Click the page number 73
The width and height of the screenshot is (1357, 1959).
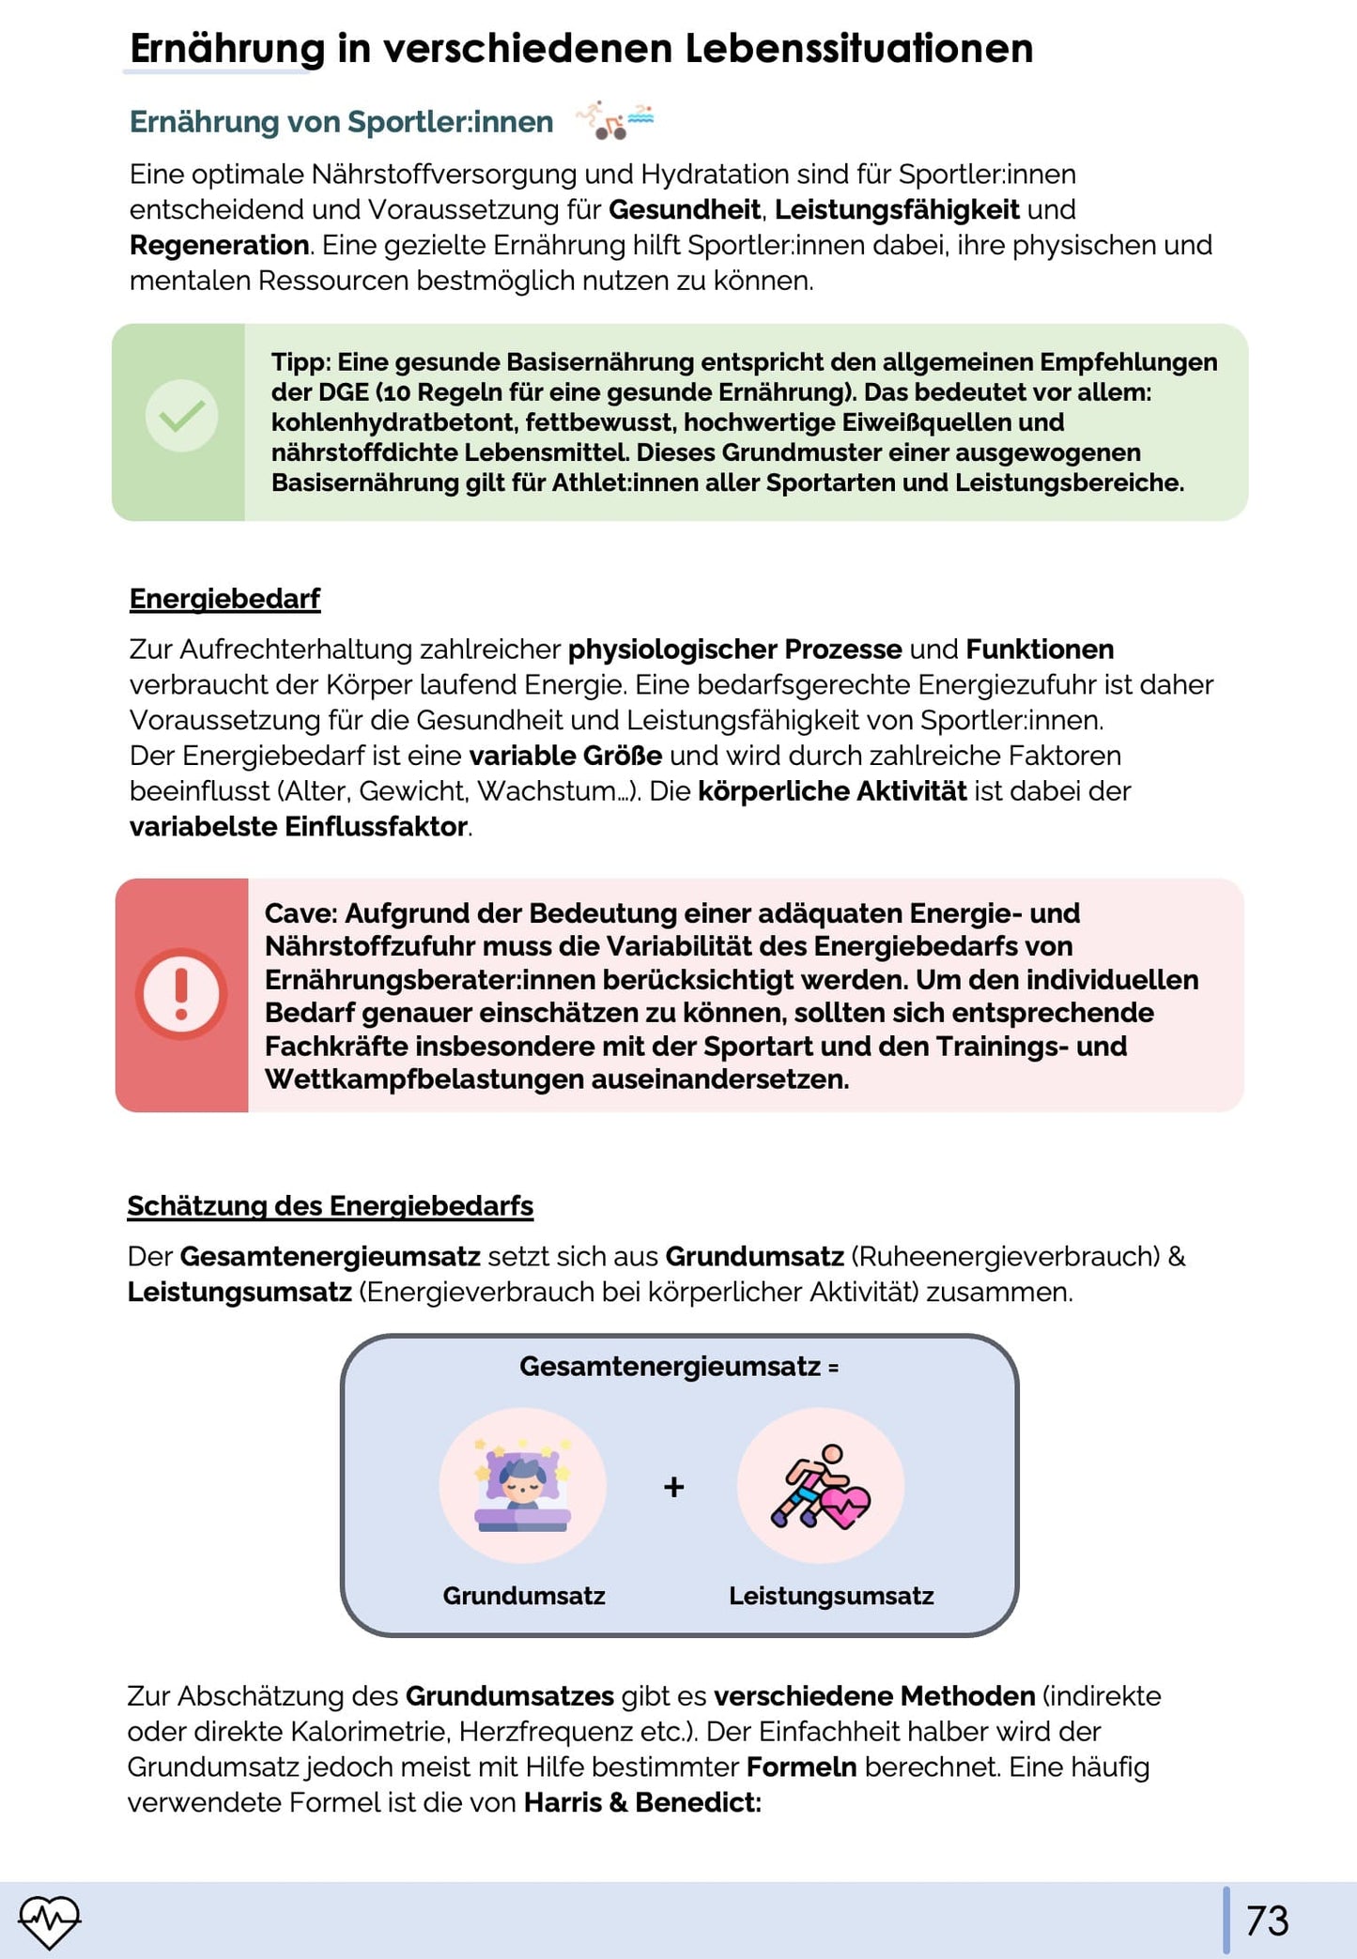1266,1921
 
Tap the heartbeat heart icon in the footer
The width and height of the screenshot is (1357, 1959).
50,1921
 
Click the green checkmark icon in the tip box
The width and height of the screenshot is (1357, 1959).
181,416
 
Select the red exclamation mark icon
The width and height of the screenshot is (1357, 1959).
181,994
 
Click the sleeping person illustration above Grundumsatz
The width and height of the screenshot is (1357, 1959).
523,1485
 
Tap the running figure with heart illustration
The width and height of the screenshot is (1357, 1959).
820,1486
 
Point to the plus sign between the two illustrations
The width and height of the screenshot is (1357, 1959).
673,1487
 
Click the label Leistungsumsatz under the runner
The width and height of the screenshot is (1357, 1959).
831,1596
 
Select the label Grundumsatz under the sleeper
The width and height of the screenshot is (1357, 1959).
524,1596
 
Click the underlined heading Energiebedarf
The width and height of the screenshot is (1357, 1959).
224,599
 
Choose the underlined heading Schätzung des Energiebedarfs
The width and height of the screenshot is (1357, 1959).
330,1206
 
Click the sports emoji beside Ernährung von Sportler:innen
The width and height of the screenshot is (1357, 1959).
614,121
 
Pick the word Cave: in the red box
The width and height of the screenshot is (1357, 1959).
301,913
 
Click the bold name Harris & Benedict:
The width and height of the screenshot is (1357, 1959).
642,1802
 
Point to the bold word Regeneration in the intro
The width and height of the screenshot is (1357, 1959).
219,246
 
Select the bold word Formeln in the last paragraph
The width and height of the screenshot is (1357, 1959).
801,1768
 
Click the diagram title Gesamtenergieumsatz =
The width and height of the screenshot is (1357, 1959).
679,1367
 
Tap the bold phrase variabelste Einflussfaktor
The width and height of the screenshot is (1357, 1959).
299,827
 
